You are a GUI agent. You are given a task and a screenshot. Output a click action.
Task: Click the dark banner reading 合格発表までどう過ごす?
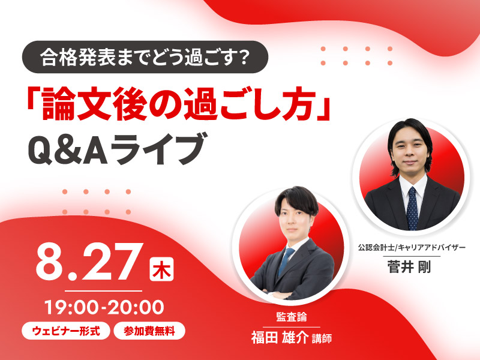click(x=145, y=57)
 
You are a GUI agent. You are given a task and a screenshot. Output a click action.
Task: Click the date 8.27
click(x=89, y=263)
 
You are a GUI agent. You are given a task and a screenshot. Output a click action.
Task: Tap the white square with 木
click(x=161, y=269)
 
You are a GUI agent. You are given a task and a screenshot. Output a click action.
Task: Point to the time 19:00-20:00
click(x=104, y=308)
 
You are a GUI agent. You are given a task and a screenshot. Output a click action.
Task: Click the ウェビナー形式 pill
click(x=66, y=331)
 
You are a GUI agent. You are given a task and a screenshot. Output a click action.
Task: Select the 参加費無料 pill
click(x=149, y=331)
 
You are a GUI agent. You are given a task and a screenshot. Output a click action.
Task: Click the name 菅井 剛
click(x=409, y=266)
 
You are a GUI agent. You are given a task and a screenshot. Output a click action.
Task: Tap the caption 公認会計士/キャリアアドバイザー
click(x=412, y=247)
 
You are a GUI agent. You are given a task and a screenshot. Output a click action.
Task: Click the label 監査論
click(x=292, y=317)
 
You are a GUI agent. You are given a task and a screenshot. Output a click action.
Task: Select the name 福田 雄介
click(x=280, y=338)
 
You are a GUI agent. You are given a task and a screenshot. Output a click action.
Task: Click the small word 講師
click(x=322, y=338)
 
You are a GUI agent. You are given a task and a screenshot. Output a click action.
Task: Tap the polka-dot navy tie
click(x=412, y=208)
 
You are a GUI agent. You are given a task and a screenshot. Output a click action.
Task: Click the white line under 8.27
click(x=103, y=291)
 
